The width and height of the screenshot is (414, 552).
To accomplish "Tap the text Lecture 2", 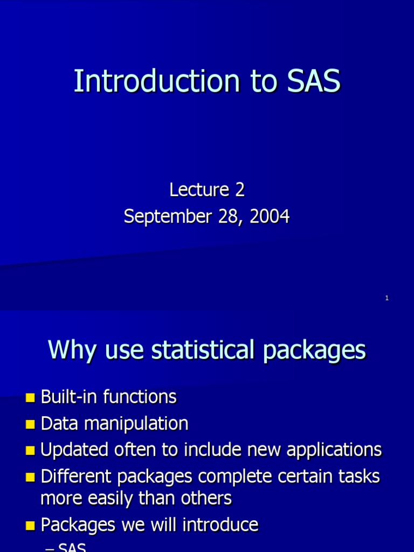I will (207, 190).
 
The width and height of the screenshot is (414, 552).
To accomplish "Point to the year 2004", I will (272, 217).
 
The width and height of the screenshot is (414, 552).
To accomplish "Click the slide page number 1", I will (387, 298).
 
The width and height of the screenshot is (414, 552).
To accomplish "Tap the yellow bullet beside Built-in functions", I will (30, 398).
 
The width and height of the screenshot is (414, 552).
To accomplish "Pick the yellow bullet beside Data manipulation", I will (30, 425).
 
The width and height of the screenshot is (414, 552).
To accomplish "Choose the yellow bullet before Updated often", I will (30, 451).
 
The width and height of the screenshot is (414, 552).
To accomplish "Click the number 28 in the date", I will (230, 217).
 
